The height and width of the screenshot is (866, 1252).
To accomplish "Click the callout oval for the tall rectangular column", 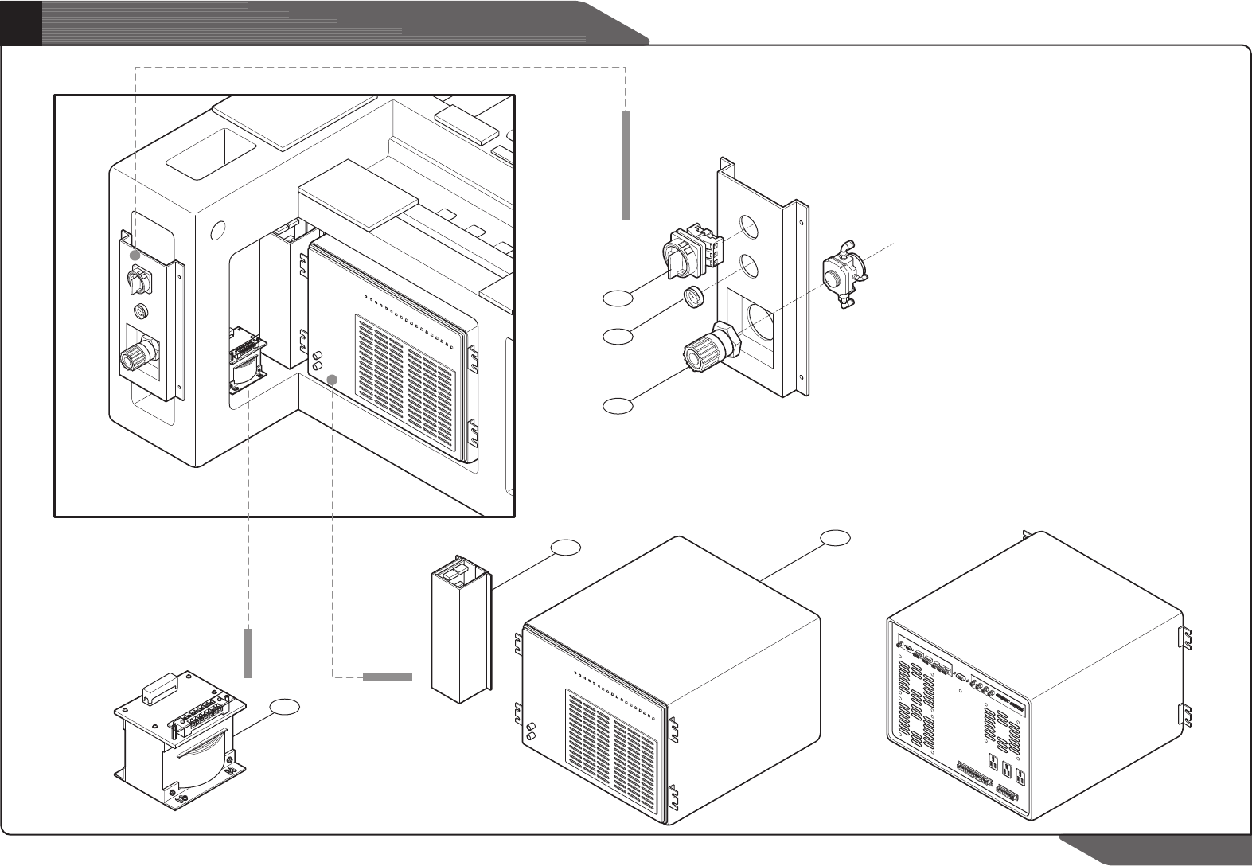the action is pos(566,547).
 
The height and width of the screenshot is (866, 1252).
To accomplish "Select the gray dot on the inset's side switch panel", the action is pos(136,256).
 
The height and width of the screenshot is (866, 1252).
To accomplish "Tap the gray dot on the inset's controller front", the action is pos(335,380).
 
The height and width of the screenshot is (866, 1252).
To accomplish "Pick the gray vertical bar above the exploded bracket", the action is pos(626,166).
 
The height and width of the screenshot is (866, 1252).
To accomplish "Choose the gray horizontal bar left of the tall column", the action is pos(388,677).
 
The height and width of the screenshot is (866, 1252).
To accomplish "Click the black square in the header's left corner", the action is pos(21,21).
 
